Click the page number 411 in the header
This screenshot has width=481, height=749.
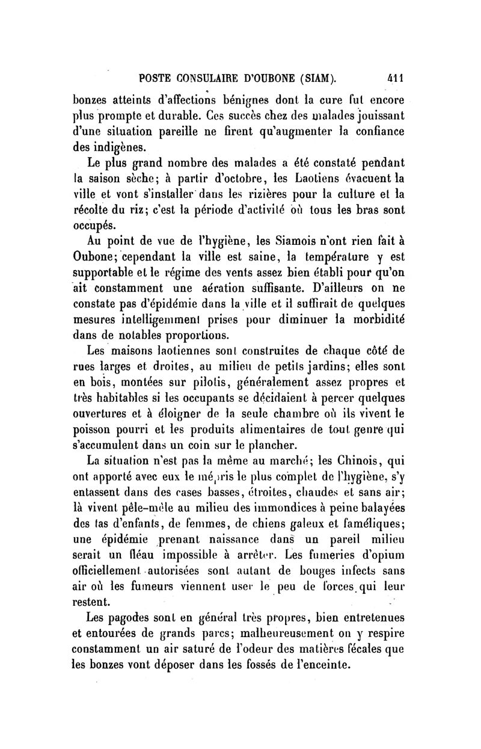coord(395,77)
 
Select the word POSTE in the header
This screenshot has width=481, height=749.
coord(156,77)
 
